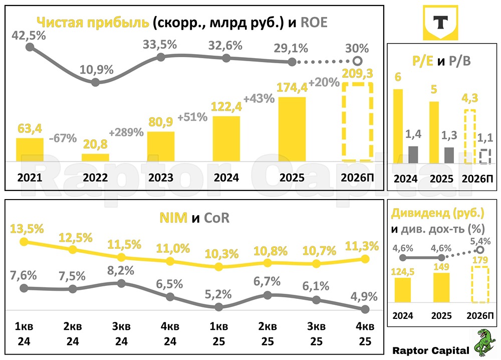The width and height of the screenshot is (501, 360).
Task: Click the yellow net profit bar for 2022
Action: [95, 157]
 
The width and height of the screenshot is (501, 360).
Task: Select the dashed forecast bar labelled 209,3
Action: [357, 123]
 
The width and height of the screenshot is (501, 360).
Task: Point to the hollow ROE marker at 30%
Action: [357, 62]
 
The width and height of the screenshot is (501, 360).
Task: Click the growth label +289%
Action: [125, 133]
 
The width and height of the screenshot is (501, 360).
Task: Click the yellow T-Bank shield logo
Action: [441, 23]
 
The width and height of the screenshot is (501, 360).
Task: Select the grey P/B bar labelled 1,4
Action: [413, 154]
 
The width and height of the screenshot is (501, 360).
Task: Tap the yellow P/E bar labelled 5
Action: [434, 132]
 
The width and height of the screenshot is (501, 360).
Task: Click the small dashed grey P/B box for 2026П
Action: [484, 156]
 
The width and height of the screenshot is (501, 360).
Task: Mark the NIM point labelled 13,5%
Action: [24, 242]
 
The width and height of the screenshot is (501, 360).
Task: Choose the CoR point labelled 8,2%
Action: [121, 283]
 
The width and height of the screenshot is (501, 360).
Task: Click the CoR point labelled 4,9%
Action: [365, 309]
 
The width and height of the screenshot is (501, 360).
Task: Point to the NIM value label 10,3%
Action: [218, 254]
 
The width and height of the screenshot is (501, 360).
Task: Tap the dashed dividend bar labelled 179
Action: [480, 284]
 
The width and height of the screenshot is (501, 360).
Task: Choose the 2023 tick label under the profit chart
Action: [161, 177]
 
